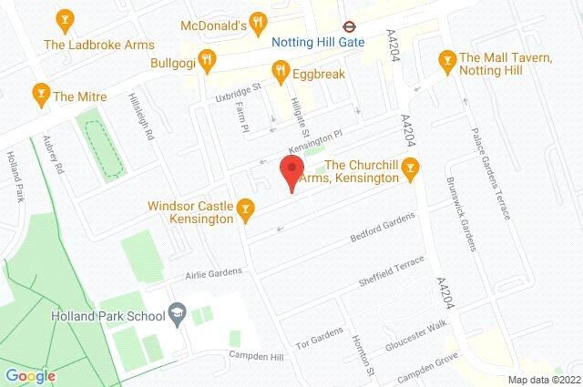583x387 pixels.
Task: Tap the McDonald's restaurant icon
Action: (x=259, y=23)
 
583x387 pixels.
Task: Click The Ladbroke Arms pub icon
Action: (x=64, y=19)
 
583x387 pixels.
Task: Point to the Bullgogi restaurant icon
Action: (x=208, y=61)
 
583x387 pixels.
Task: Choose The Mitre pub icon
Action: (x=40, y=92)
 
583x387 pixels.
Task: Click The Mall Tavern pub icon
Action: (x=446, y=61)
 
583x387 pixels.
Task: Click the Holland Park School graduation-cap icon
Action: (x=178, y=316)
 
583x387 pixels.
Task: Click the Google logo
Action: (x=31, y=375)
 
